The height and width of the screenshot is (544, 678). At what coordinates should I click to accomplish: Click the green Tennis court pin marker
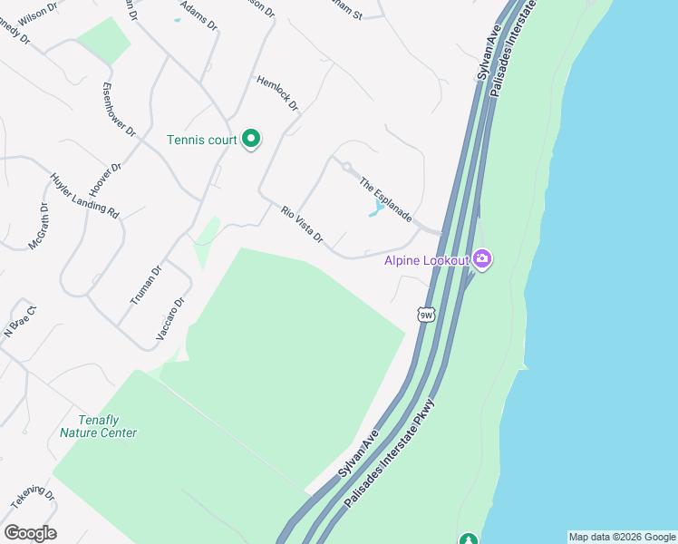click(252, 139)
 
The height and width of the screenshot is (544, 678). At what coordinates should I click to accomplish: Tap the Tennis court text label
click(201, 140)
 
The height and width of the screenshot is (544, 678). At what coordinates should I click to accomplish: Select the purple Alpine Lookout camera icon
click(482, 260)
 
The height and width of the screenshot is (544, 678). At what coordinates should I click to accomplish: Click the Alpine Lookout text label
click(426, 260)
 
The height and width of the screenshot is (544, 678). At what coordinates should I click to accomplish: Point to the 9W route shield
click(427, 315)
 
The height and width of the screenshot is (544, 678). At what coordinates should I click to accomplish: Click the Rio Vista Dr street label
click(302, 225)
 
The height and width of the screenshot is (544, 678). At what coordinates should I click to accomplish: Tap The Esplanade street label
click(385, 200)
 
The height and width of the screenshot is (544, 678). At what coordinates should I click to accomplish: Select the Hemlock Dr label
click(277, 92)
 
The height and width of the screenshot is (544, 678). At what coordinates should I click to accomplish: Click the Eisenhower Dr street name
click(119, 110)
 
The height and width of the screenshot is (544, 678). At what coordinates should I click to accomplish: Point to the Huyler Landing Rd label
click(84, 197)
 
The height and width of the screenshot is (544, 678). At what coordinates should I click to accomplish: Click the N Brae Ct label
click(19, 322)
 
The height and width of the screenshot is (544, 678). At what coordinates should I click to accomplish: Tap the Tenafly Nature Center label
click(98, 426)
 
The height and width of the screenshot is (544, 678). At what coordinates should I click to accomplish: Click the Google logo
click(30, 533)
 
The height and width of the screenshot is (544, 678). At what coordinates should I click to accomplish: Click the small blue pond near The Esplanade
click(374, 211)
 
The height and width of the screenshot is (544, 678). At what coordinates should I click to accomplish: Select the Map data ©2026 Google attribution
click(621, 537)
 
